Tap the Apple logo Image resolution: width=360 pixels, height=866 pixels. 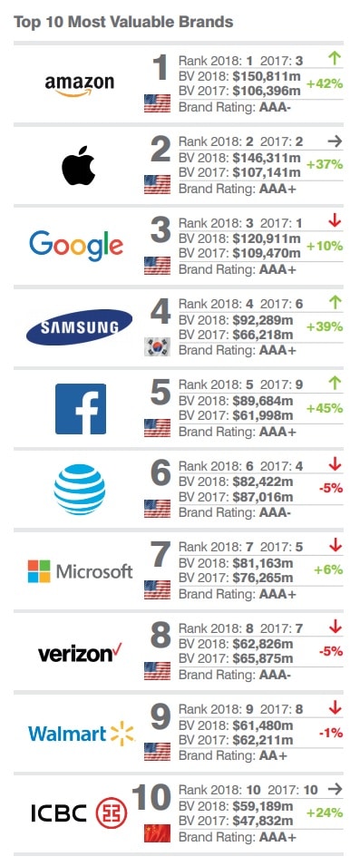click(x=80, y=166)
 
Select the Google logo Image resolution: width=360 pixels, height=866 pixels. click(x=76, y=245)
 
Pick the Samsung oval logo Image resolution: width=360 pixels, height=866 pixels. click(x=80, y=326)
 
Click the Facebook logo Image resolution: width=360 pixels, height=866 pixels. click(x=80, y=408)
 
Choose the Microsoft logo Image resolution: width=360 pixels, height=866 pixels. click(x=80, y=571)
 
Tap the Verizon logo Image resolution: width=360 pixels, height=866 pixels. click(x=80, y=653)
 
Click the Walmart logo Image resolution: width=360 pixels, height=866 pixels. click(x=80, y=733)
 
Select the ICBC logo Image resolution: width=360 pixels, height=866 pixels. click(x=80, y=813)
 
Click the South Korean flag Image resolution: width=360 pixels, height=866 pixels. click(x=157, y=346)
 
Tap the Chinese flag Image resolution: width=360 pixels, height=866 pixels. click(x=157, y=832)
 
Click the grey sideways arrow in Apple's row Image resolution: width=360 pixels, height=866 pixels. click(x=334, y=141)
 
